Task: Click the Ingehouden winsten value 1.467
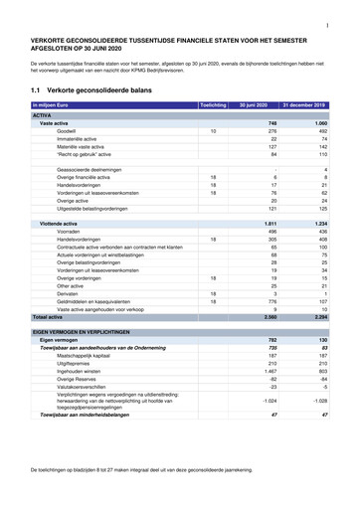(270, 371)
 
